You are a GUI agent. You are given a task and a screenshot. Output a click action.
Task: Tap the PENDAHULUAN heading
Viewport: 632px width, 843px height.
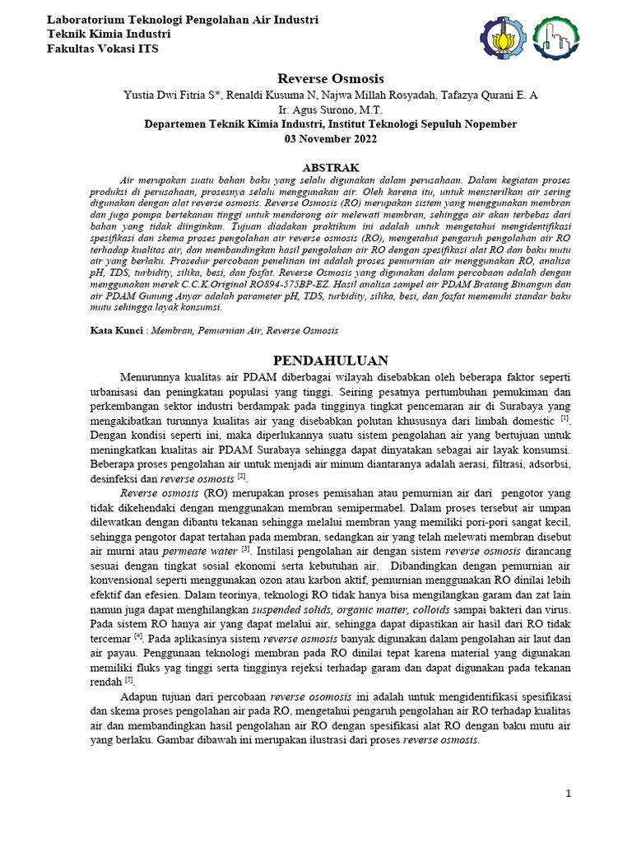click(331, 361)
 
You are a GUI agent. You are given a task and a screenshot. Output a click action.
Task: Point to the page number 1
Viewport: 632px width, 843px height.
click(568, 793)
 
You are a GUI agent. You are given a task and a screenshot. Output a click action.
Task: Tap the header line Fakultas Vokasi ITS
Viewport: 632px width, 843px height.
click(103, 49)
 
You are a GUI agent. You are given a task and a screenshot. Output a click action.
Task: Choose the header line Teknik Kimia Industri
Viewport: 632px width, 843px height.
click(109, 34)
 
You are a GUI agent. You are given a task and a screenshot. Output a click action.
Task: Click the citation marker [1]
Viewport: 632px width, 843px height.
click(565, 417)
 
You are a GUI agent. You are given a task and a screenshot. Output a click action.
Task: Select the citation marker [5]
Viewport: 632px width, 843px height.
click(129, 679)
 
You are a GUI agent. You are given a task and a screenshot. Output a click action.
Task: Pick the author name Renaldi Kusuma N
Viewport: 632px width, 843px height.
click(269, 95)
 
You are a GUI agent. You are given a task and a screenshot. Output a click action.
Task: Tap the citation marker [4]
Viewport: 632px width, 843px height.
click(139, 635)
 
